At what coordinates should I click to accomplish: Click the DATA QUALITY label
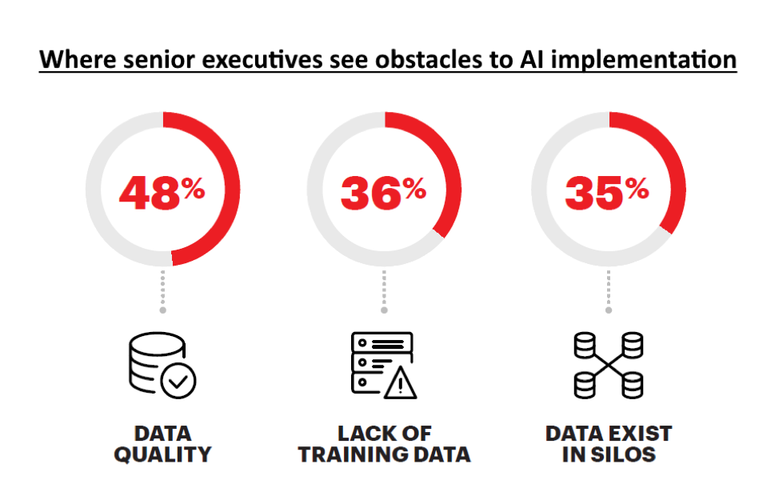click(x=162, y=444)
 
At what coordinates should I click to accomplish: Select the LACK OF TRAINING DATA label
click(x=384, y=444)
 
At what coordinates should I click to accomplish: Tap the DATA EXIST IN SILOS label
click(x=609, y=444)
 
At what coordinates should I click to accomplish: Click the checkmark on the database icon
click(x=178, y=382)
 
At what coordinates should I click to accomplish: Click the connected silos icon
click(x=609, y=366)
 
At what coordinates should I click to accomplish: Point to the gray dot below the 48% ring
click(x=162, y=310)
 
